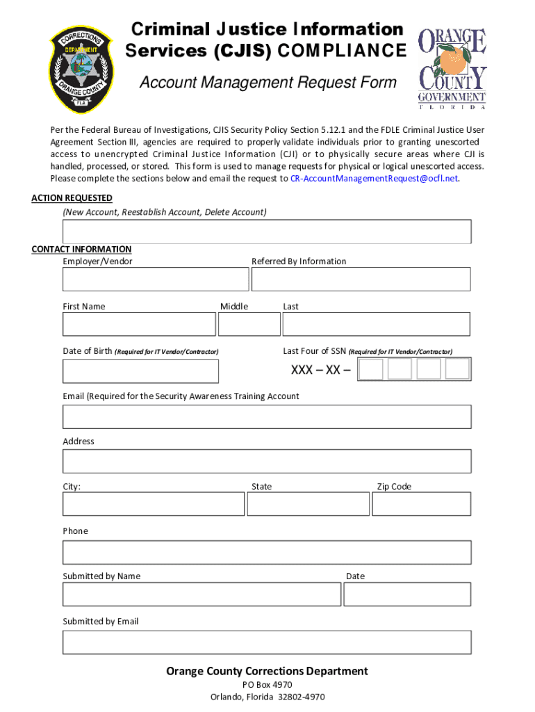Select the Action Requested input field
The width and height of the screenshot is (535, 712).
coord(267,232)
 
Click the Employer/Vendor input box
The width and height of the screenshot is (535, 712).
coord(155,279)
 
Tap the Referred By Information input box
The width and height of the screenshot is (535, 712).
coord(361,279)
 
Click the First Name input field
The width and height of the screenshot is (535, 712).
coord(139,324)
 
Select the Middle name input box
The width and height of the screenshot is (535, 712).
coord(249,324)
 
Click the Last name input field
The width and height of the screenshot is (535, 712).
coord(376,324)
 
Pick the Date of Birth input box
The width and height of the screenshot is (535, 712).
coord(140,371)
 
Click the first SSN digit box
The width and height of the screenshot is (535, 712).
coord(371,369)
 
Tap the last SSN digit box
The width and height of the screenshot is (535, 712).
coord(457,369)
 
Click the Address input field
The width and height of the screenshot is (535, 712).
coord(267,461)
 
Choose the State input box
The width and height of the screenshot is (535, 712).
coord(308,504)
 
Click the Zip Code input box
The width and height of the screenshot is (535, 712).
coord(422,504)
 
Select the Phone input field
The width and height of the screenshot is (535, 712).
coord(267,552)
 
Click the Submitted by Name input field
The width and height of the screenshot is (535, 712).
coord(201,594)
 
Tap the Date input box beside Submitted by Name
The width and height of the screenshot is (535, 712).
coord(407,594)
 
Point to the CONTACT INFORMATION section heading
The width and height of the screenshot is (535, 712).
coord(81,249)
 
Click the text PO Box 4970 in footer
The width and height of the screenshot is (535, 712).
coord(267,685)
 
